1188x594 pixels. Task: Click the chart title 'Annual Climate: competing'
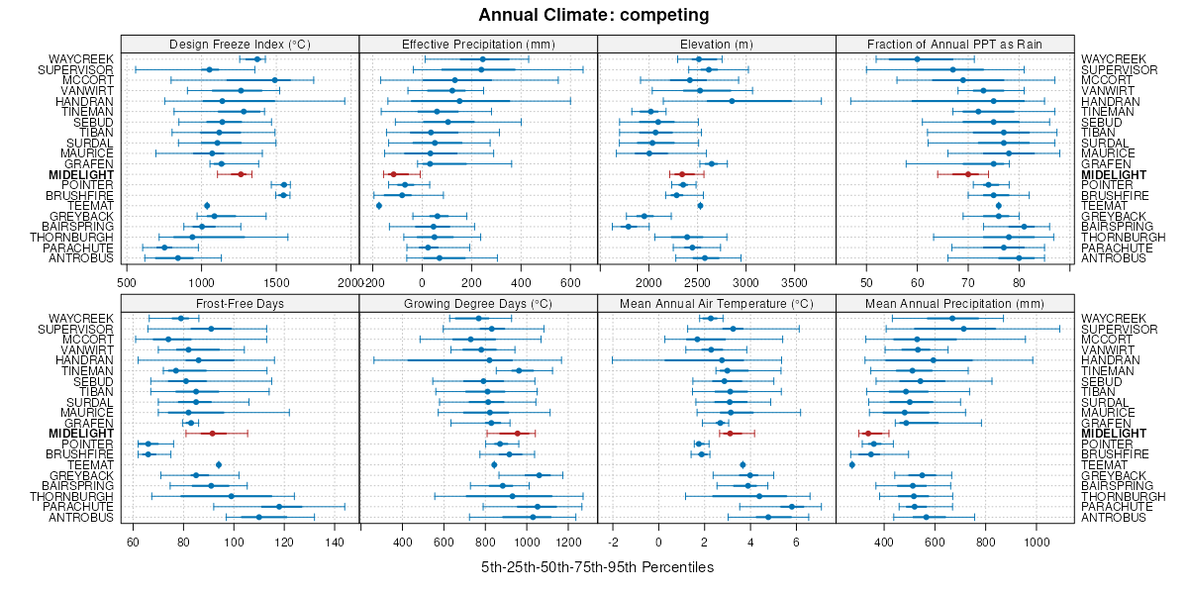594,15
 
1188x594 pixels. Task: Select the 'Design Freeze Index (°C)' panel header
240,44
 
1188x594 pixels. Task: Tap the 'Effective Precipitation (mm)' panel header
478,44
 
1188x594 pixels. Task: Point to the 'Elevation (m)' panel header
717,44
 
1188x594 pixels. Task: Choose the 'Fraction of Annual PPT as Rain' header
955,44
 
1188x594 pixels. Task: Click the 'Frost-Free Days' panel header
240,303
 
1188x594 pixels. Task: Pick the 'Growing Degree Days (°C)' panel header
478,303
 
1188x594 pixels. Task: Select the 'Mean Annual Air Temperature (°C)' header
717,303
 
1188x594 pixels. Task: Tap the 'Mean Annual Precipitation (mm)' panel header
955,303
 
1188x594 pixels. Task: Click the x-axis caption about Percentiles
597,567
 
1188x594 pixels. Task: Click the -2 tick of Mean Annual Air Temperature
614,542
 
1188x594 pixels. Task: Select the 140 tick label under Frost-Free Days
335,542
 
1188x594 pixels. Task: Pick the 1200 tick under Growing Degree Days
570,542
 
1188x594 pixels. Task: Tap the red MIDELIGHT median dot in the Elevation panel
681,174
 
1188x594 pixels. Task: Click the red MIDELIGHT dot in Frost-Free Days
212,434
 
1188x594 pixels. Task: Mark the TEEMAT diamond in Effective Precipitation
379,206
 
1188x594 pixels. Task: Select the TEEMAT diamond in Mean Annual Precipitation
852,464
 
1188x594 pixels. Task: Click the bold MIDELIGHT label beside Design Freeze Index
81,174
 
